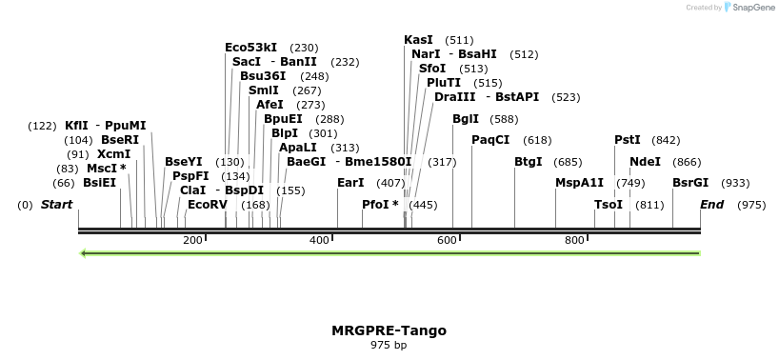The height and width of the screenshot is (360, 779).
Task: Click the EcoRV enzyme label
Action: pyautogui.click(x=207, y=205)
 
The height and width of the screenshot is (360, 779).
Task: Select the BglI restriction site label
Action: pyautogui.click(x=466, y=120)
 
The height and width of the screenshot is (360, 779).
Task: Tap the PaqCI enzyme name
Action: pyautogui.click(x=490, y=140)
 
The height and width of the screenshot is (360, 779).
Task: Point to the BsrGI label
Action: pyautogui.click(x=690, y=183)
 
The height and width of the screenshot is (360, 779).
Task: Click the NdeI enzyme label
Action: pyautogui.click(x=645, y=162)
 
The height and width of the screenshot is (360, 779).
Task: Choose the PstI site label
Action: pyautogui.click(x=628, y=140)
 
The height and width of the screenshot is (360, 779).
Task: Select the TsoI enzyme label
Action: pyautogui.click(x=608, y=205)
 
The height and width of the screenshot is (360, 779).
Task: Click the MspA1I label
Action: pyautogui.click(x=579, y=183)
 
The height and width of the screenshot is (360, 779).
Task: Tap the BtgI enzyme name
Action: pyautogui.click(x=528, y=162)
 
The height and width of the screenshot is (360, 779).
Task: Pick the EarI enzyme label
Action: pyautogui.click(x=350, y=183)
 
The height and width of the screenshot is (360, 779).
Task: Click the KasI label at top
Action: pyautogui.click(x=418, y=40)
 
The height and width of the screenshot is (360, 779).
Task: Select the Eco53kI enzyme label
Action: pyautogui.click(x=250, y=48)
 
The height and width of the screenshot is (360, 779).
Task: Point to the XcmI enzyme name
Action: pyautogui.click(x=113, y=154)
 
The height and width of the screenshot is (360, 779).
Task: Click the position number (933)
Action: pyautogui.click(x=734, y=183)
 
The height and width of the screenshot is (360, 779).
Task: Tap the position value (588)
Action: pyautogui.click(x=504, y=120)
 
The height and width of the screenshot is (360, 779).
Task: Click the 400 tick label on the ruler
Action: pyautogui.click(x=320, y=240)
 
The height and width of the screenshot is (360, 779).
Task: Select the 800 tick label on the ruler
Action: pyautogui.click(x=574, y=240)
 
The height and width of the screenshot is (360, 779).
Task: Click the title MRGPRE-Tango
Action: pyautogui.click(x=389, y=330)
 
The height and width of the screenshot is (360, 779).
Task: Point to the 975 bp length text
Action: pyautogui.click(x=389, y=345)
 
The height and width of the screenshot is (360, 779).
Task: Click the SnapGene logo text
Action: pyautogui.click(x=752, y=8)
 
